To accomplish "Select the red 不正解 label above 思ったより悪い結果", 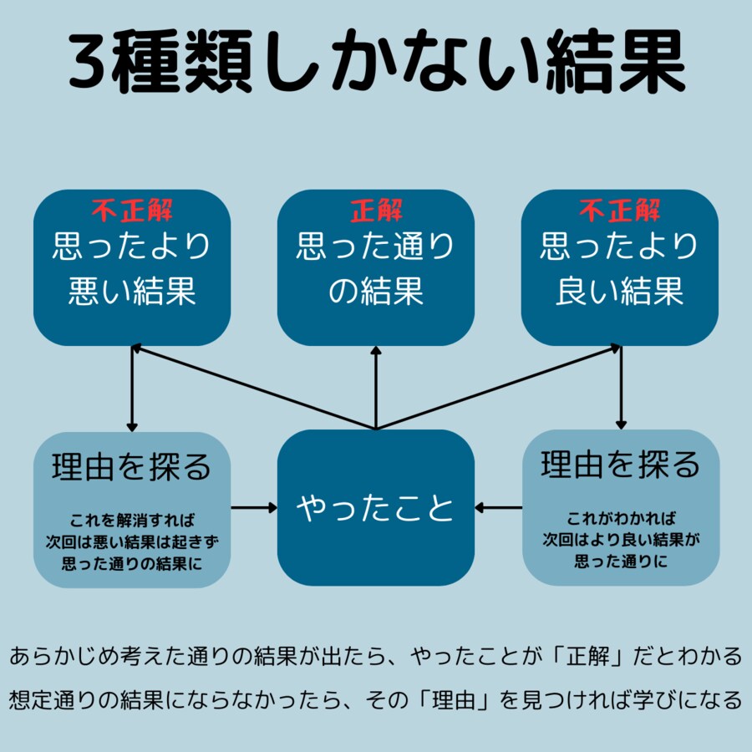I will click(132, 211).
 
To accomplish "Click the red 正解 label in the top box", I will click(376, 211).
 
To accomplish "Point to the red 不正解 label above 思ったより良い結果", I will click(620, 211).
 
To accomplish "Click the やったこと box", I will click(376, 507).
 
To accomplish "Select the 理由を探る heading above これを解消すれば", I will click(132, 466).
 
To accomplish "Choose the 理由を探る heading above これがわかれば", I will click(620, 465).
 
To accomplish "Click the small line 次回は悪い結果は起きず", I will click(132, 541).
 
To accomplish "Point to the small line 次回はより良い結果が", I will click(620, 539).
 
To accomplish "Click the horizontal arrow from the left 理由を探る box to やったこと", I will click(254, 507).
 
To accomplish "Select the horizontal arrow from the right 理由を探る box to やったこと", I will click(499, 507).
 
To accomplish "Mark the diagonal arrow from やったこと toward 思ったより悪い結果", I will click(251, 389).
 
